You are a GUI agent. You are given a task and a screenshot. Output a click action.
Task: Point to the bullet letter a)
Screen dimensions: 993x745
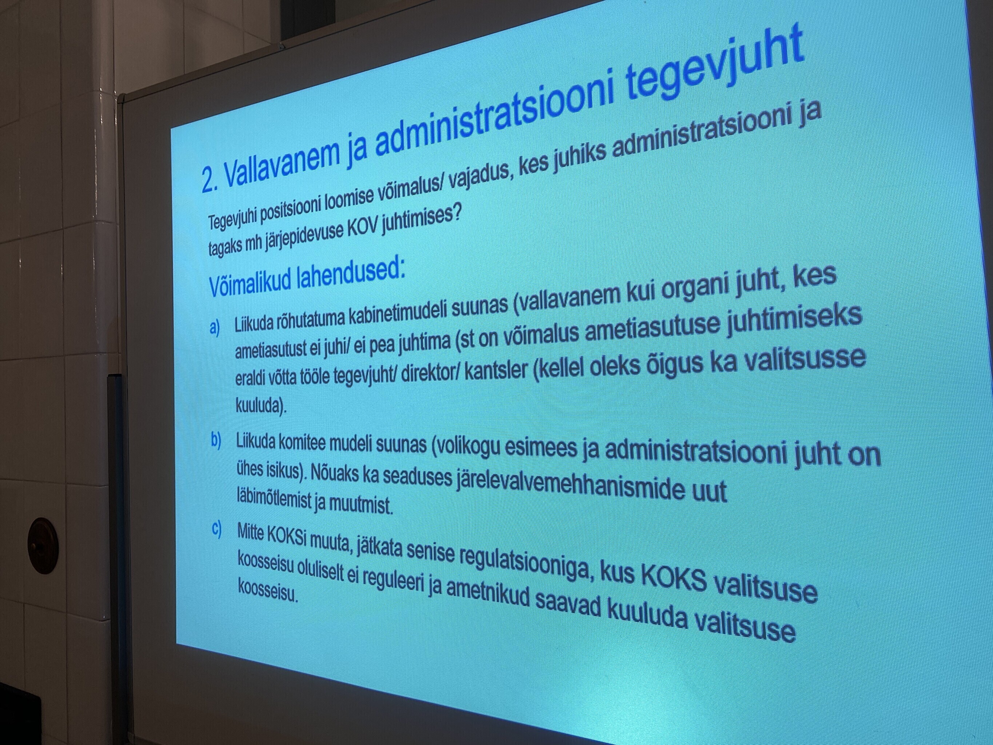tap(215, 327)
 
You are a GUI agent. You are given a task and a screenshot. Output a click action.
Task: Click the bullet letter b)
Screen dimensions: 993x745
tap(216, 441)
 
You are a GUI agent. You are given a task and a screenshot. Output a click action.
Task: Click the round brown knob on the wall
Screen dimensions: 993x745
tap(43, 546)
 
